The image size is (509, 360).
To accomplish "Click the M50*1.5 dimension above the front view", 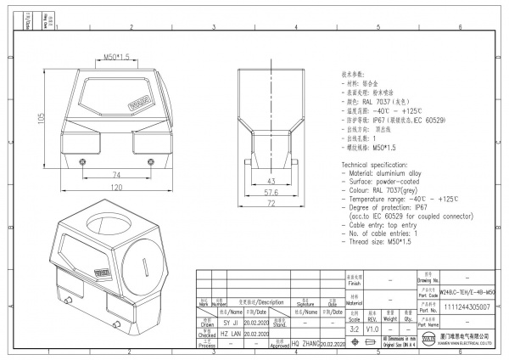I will click(116, 56).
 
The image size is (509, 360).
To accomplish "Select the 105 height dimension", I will click(41, 120).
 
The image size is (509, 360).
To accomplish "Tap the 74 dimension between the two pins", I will click(115, 175).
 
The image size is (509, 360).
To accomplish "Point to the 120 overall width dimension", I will click(115, 187).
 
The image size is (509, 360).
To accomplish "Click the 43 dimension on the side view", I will click(271, 182).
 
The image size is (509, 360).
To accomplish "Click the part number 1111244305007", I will click(467, 307).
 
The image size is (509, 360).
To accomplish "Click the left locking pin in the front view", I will click(81, 161).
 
